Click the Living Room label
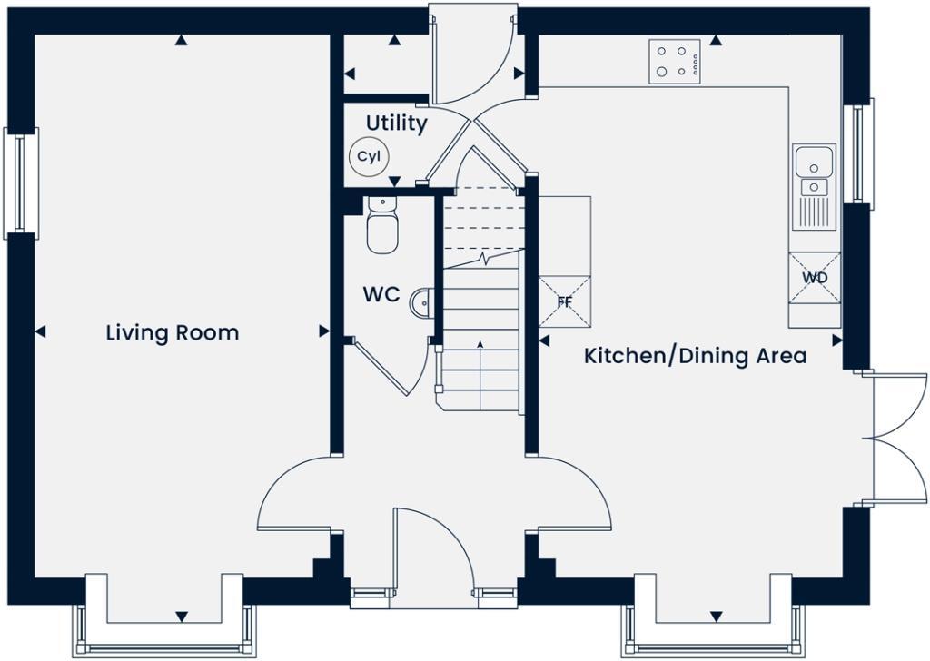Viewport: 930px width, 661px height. (173, 332)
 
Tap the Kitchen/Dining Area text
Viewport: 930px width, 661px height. (695, 355)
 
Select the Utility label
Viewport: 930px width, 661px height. (396, 123)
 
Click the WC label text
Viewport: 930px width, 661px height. (381, 295)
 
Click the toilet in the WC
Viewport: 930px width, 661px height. (382, 227)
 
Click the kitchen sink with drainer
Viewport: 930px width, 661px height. (814, 186)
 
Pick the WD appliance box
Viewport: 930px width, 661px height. (815, 278)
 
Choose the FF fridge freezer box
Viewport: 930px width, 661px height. (564, 301)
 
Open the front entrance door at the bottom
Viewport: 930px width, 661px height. (434, 554)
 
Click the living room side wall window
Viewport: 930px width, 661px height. (21, 182)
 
